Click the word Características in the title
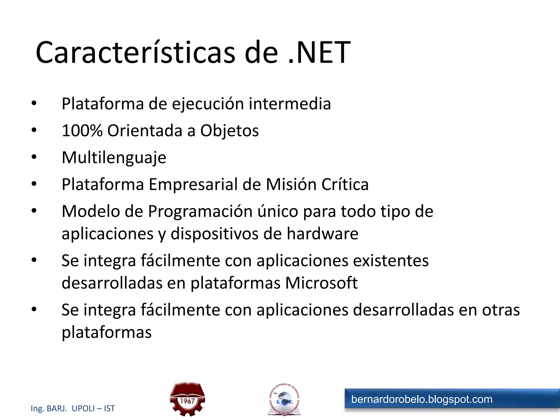[x=135, y=52]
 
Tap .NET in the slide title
[x=319, y=52]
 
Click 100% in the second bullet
[x=82, y=130]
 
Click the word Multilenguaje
[x=114, y=158]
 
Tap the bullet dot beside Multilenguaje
[x=34, y=157]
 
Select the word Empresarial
[x=193, y=185]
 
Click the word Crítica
[x=345, y=185]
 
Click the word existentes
[x=391, y=261]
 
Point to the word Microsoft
[x=321, y=283]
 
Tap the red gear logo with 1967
[x=187, y=399]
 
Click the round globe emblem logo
[x=284, y=399]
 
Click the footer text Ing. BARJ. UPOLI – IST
[x=73, y=409]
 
